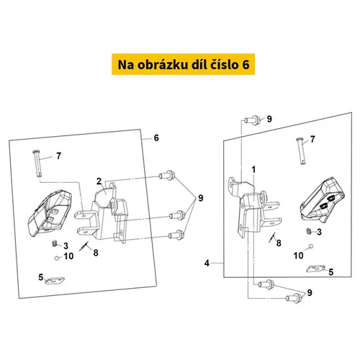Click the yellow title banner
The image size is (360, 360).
(x=183, y=64)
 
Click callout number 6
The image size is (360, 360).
(x=156, y=138)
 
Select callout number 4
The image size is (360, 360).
(x=207, y=264)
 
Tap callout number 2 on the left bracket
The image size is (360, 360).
(x=99, y=181)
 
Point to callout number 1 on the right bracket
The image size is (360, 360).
(x=253, y=170)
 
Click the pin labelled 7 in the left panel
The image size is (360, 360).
(x=37, y=163)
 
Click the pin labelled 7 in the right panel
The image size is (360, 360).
(x=301, y=151)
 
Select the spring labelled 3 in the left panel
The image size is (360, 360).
(x=54, y=243)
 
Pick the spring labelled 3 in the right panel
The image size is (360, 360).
(x=309, y=232)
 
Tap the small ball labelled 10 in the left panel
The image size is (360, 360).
(x=57, y=258)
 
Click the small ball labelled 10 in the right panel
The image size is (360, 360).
(x=311, y=246)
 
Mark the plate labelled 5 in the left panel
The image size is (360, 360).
(x=55, y=281)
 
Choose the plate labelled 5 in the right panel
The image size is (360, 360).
(x=315, y=269)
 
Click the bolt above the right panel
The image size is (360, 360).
(x=251, y=120)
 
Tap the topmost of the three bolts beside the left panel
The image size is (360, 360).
(x=166, y=175)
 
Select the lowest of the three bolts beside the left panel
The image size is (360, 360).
(x=176, y=235)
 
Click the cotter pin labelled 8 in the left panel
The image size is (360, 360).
(x=84, y=246)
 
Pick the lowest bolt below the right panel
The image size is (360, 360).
(x=294, y=298)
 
